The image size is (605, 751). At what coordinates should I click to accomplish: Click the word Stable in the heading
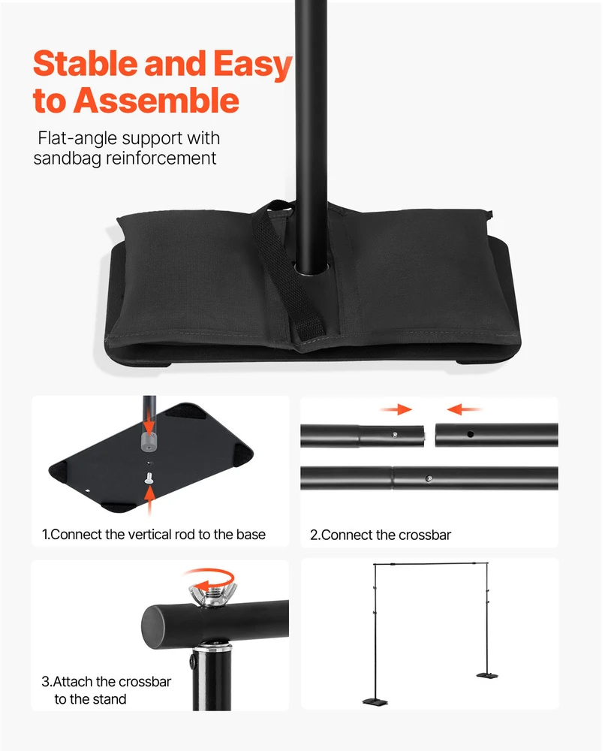(x=86, y=63)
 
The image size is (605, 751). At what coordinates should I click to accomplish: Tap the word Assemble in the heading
(x=156, y=100)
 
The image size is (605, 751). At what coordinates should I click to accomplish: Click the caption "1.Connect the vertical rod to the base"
(x=154, y=534)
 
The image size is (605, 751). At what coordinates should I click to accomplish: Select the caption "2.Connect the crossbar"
(x=381, y=535)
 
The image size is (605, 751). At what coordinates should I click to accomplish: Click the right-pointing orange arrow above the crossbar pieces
(x=396, y=409)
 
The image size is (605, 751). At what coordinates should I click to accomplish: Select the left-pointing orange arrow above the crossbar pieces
(x=463, y=409)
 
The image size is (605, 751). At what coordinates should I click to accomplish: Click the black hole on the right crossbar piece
(x=471, y=434)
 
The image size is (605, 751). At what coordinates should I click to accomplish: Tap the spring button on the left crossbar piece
(x=394, y=435)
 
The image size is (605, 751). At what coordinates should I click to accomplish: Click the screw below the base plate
(x=149, y=477)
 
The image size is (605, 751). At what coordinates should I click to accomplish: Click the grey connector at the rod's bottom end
(x=149, y=442)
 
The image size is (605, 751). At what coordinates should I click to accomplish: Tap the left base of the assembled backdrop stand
(x=375, y=701)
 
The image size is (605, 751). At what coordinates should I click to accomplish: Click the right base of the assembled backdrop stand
(x=487, y=675)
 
